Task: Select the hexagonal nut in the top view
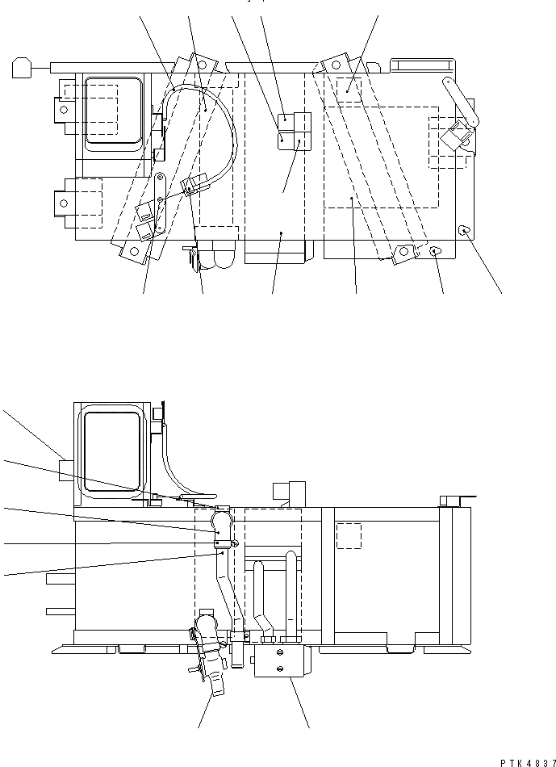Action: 435,251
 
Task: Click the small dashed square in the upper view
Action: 349,90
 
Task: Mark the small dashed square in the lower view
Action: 348,535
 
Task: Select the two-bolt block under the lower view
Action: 278,663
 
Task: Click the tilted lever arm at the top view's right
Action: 461,102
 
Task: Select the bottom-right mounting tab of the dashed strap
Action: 403,254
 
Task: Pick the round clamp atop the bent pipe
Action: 224,522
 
